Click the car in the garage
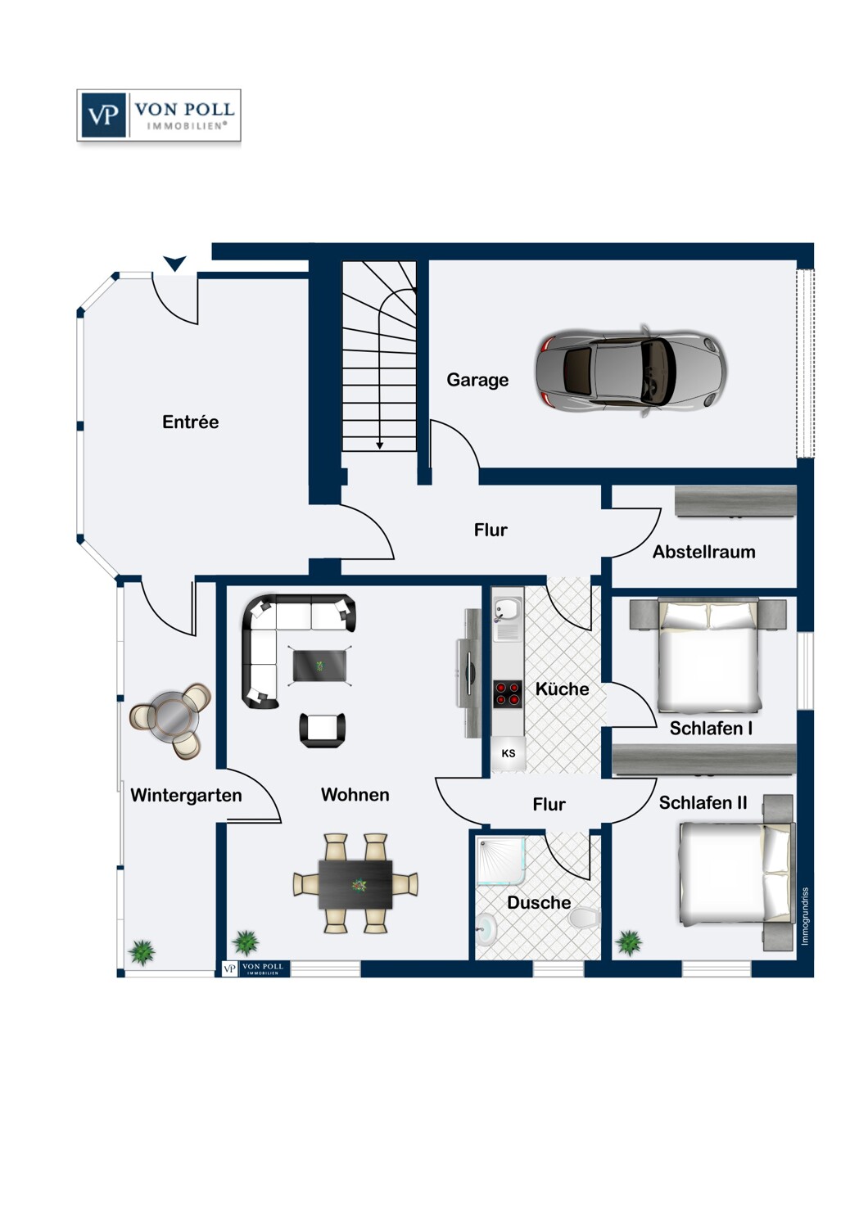631,371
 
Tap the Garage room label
477,380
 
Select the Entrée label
190,422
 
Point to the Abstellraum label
703,552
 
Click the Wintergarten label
186,795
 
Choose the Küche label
562,689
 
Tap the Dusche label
539,903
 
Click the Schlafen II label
703,803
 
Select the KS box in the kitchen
509,753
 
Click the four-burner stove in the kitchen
508,693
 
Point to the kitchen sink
507,610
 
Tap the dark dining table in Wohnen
355,884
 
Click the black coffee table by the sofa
321,666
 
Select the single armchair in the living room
323,729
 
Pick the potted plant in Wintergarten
142,952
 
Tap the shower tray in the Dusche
501,860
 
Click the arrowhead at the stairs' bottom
380,445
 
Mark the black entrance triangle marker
174,263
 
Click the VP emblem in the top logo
103,115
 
